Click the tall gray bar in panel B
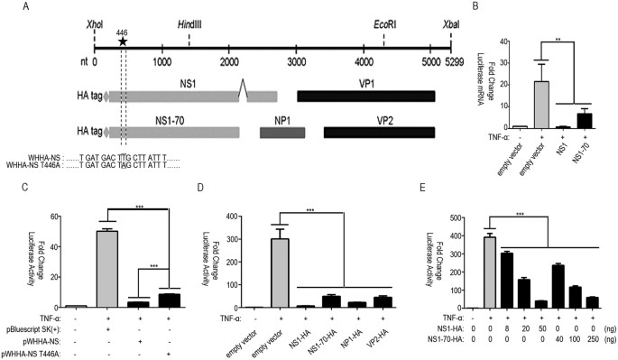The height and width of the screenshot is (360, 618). (540, 105)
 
